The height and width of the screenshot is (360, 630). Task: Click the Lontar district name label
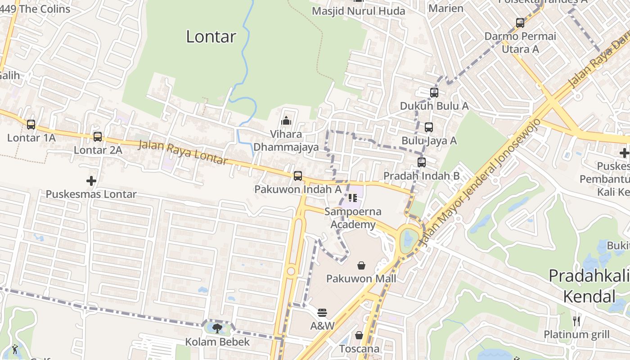click(211, 36)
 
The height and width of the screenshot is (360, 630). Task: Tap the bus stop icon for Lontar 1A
click(31, 125)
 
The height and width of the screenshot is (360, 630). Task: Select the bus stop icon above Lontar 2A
click(98, 137)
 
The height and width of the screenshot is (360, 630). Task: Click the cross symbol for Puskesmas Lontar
click(91, 181)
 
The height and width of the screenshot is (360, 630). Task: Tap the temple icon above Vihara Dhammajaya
click(286, 121)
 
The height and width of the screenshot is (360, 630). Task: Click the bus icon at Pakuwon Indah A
click(298, 176)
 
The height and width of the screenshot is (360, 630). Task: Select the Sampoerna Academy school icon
click(352, 198)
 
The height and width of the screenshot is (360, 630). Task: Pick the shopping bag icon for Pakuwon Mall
click(361, 265)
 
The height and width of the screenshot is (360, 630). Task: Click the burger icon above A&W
click(322, 312)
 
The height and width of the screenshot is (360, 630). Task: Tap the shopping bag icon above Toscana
click(359, 335)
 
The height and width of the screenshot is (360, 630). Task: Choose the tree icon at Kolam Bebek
click(217, 328)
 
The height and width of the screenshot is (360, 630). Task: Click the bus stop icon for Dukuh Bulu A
click(434, 93)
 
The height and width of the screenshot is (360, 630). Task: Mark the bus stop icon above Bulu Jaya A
click(429, 127)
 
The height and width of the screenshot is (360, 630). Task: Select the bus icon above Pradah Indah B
click(422, 162)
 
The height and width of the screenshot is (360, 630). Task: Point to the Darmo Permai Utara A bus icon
click(520, 23)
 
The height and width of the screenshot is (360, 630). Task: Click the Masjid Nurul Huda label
click(359, 11)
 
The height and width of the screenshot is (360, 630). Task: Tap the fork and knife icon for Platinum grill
click(576, 321)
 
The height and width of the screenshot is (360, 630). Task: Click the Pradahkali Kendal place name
click(589, 286)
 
